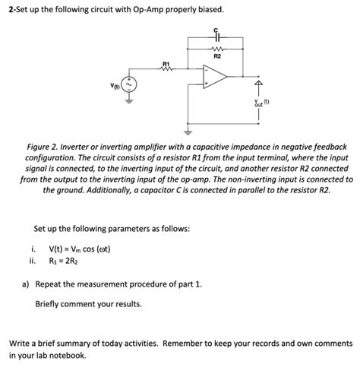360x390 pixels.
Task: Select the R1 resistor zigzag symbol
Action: (166, 69)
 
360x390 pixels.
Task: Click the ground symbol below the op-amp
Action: (182, 126)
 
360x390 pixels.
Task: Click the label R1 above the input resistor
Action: (166, 62)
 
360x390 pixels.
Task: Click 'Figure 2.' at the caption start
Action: (44, 145)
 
